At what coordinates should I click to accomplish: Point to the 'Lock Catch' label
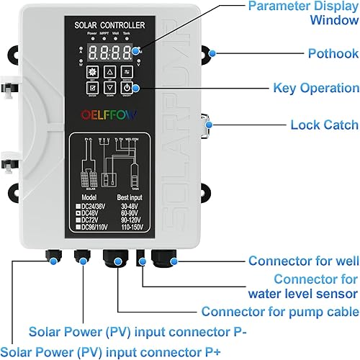(315, 125)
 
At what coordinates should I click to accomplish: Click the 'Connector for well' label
(300, 261)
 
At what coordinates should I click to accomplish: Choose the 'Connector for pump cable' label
(280, 312)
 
